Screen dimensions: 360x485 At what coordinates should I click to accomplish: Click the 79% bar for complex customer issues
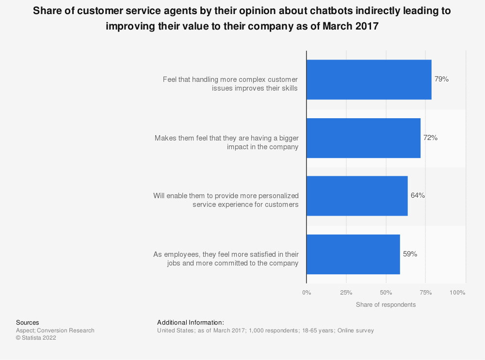coord(369,80)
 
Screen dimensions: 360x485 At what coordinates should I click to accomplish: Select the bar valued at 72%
coord(363,138)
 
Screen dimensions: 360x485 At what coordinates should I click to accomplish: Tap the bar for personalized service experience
coord(357,196)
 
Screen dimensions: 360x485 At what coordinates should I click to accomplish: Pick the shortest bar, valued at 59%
coord(353,254)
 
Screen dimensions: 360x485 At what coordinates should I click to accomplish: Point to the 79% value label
coord(441,79)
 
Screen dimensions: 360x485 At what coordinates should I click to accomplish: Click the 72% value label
coord(430,138)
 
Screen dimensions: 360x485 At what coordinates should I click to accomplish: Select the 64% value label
coord(418,196)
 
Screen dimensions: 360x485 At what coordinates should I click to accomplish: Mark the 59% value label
coord(410,254)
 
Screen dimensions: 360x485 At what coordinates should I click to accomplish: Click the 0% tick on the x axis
coord(307,293)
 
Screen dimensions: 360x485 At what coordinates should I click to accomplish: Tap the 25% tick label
coord(346,293)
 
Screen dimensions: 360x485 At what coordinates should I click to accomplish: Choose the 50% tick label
coord(386,293)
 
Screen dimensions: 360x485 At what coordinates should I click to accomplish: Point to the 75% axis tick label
coord(426,293)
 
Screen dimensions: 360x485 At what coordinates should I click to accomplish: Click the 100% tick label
coord(457,293)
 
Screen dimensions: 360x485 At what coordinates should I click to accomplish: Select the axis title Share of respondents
coord(386,305)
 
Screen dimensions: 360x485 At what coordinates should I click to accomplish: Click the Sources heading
coord(28,323)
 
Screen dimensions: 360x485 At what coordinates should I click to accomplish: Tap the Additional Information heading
coord(191,323)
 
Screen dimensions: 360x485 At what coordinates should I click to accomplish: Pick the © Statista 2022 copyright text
coord(36,338)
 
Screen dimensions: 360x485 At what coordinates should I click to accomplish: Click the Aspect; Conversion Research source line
coord(55,330)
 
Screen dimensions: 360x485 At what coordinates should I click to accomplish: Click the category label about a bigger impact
coord(226,142)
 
